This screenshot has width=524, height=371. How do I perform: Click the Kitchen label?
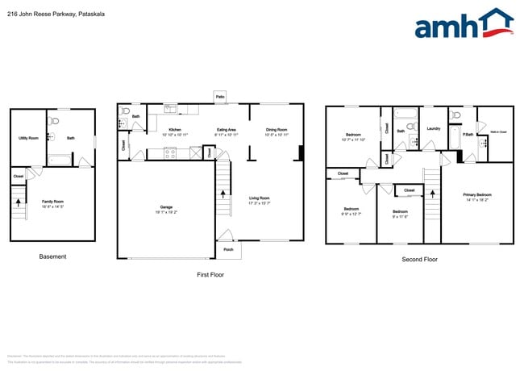[174, 129]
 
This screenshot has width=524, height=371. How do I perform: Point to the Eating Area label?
[227, 129]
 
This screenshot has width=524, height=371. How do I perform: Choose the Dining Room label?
[277, 129]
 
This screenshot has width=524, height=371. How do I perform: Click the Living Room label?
[259, 198]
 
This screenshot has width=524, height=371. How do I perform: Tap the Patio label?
[219, 96]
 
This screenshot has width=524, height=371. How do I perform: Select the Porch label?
[228, 249]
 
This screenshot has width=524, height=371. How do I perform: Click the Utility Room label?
[28, 138]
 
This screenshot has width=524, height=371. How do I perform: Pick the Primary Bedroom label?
[477, 194]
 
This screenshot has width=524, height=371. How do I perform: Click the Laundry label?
[433, 128]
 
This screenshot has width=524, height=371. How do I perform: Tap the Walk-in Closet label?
[497, 131]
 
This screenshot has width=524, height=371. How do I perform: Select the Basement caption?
[52, 256]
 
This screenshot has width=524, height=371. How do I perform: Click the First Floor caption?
[210, 274]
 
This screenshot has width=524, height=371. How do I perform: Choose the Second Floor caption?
[419, 260]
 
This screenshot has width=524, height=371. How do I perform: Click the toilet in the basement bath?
[55, 122]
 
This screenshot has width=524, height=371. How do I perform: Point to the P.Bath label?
[468, 134]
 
